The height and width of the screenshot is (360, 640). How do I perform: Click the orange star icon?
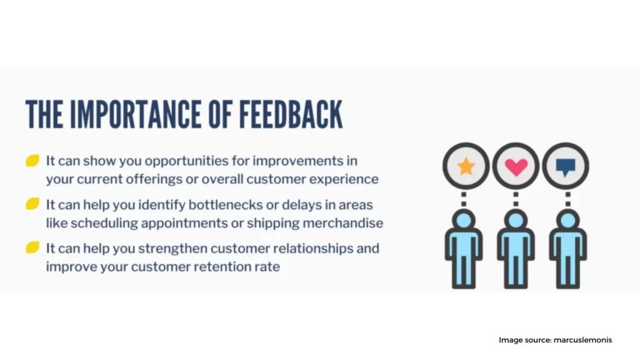466,166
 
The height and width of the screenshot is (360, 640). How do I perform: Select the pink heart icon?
516,167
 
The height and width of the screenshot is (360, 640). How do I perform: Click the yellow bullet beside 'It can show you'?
32,161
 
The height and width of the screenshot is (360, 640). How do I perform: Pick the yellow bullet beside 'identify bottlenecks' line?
32,204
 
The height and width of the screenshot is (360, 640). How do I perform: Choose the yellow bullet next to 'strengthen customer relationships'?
32,247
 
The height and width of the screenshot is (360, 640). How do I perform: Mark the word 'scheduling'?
104,224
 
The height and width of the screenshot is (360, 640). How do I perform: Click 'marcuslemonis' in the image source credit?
583,340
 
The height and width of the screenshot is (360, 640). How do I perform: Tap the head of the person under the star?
464,221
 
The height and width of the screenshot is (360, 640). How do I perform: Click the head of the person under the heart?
516,221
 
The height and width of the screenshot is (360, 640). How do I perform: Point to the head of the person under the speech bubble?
567,221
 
